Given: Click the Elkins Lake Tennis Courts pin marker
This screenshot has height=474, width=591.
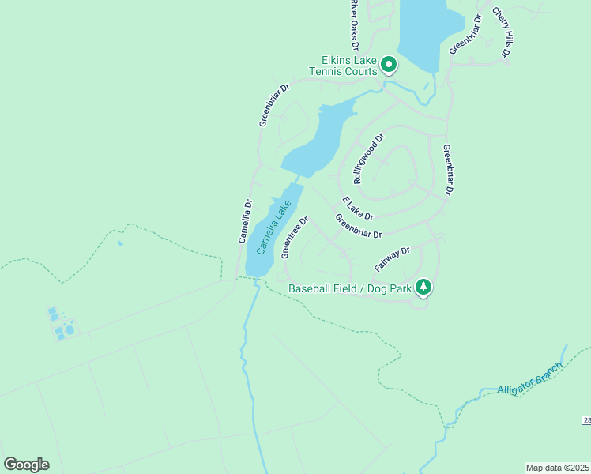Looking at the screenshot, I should tap(388, 63).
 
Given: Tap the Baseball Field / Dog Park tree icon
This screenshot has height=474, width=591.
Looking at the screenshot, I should tap(423, 287).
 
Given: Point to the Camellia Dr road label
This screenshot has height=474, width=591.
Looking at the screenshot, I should tap(245, 220).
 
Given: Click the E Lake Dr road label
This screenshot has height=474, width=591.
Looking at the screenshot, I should tap(357, 208).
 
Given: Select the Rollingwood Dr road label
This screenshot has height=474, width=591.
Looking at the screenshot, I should tap(368, 158).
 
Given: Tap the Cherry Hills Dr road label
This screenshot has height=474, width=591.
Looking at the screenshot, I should tap(502, 32).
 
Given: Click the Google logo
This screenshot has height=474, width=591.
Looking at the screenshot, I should tap(26, 464).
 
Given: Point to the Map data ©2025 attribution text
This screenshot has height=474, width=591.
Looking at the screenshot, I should tap(557, 468).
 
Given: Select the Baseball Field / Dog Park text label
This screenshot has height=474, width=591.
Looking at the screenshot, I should tap(350, 288).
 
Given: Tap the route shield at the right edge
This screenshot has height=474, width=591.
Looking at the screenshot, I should tap(585, 420).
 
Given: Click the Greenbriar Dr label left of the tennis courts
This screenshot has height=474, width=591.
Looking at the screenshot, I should tap(274, 104).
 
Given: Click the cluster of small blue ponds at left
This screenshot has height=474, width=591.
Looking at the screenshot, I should tap(60, 325).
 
